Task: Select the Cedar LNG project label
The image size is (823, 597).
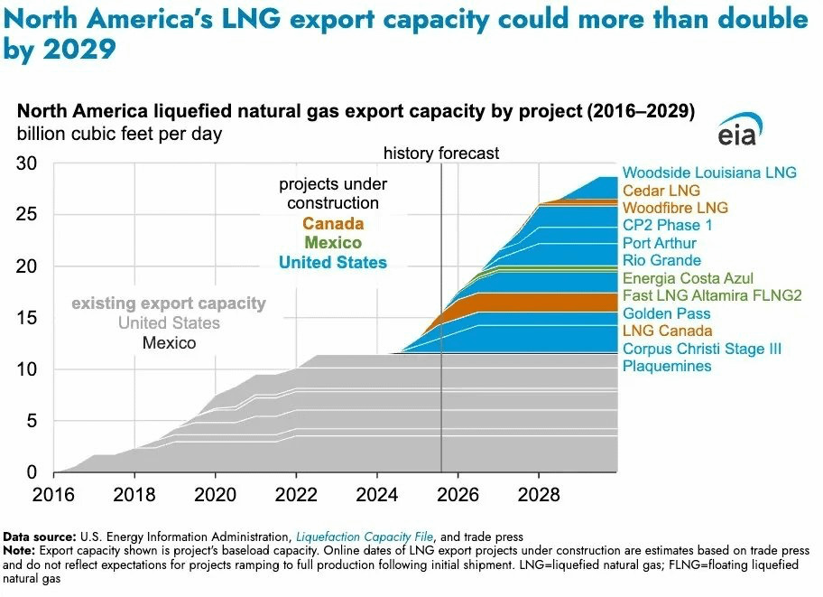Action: (x=661, y=191)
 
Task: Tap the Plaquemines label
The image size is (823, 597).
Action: (x=667, y=366)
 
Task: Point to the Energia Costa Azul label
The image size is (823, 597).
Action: (x=688, y=278)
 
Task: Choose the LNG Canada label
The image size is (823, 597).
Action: (x=667, y=331)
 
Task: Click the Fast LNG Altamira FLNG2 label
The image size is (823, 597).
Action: (x=699, y=295)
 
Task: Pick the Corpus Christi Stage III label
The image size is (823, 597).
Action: (x=701, y=349)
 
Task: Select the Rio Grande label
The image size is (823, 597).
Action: (x=661, y=260)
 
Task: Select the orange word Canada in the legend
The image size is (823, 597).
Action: (x=332, y=223)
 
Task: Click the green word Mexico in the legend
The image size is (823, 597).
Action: (x=332, y=243)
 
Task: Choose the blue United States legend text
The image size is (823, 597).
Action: (x=332, y=263)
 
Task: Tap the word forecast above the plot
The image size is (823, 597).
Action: (x=469, y=154)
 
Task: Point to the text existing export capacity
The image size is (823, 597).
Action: (x=169, y=303)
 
